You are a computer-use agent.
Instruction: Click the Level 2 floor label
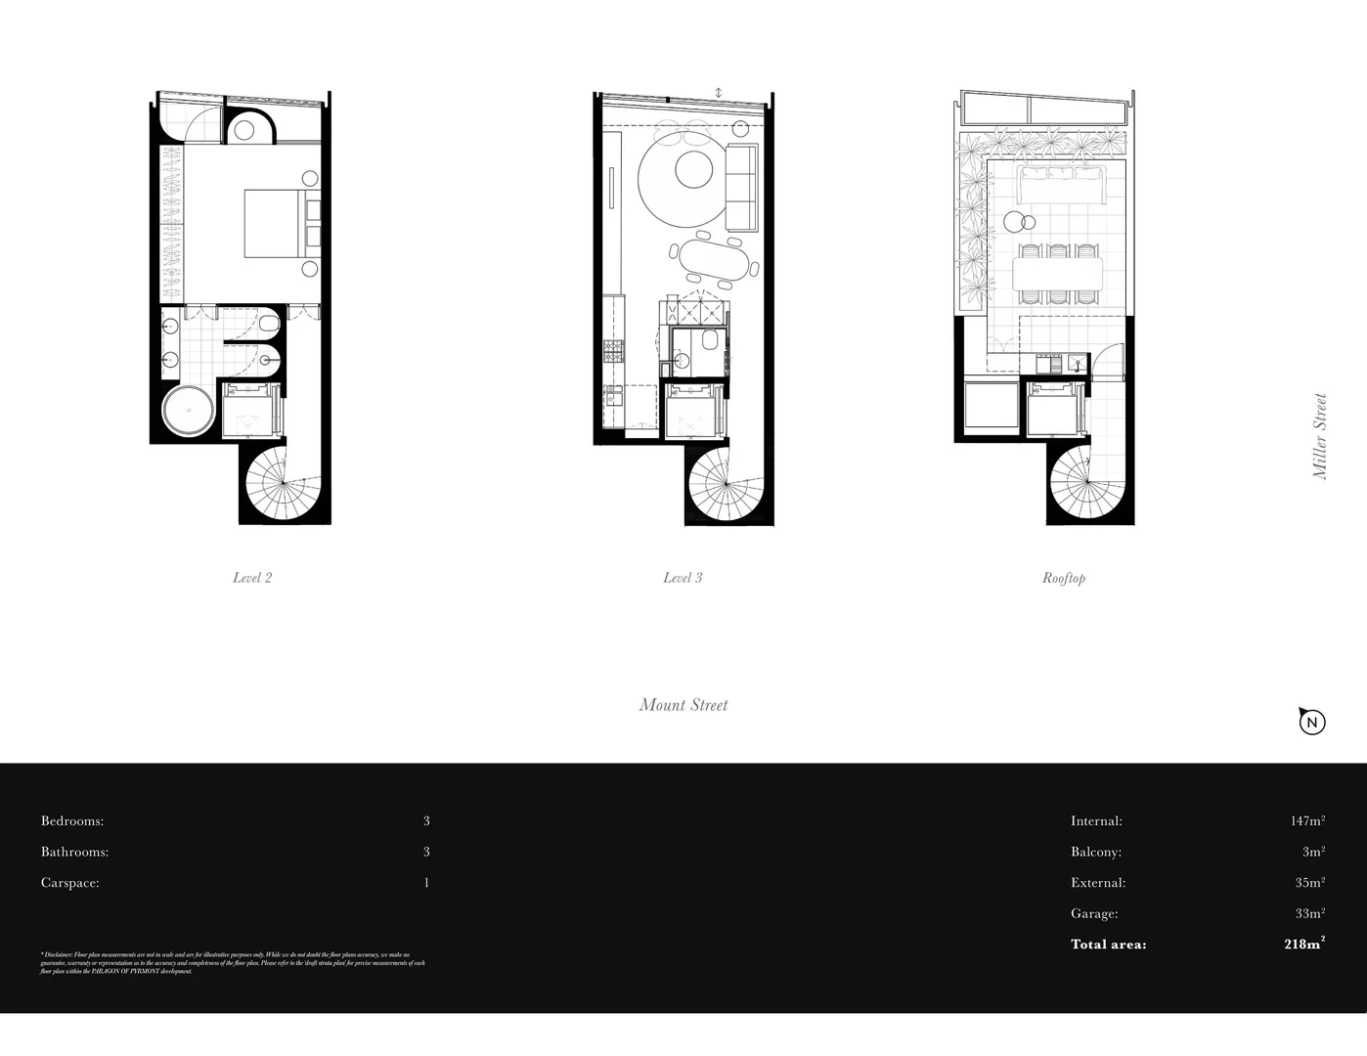tap(252, 578)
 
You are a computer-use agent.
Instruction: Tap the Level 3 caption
tap(683, 578)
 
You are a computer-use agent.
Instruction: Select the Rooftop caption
tap(1063, 578)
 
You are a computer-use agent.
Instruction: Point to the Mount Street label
tap(683, 705)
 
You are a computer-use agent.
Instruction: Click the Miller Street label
tap(1320, 436)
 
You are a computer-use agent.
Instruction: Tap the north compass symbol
tap(1311, 722)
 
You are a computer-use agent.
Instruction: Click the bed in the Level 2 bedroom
tap(277, 224)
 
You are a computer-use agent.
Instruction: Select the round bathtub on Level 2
tap(188, 410)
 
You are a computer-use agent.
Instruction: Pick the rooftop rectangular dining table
tap(1058, 273)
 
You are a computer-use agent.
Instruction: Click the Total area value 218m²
tap(1304, 944)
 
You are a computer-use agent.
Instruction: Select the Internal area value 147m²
tap(1307, 821)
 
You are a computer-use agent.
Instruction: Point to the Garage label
tap(1094, 913)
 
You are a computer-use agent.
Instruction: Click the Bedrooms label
tap(72, 821)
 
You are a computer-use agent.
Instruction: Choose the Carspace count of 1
tap(426, 883)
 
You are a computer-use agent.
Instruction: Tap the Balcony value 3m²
tap(1313, 852)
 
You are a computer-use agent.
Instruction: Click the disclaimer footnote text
tap(233, 963)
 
